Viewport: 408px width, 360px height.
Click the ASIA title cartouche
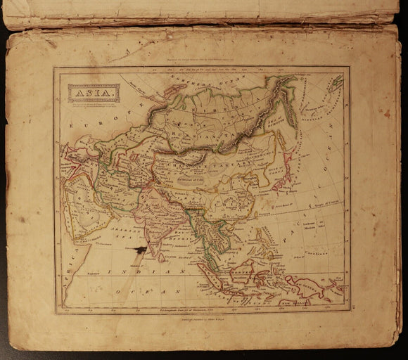93,92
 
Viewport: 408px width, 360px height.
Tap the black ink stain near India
141,249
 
